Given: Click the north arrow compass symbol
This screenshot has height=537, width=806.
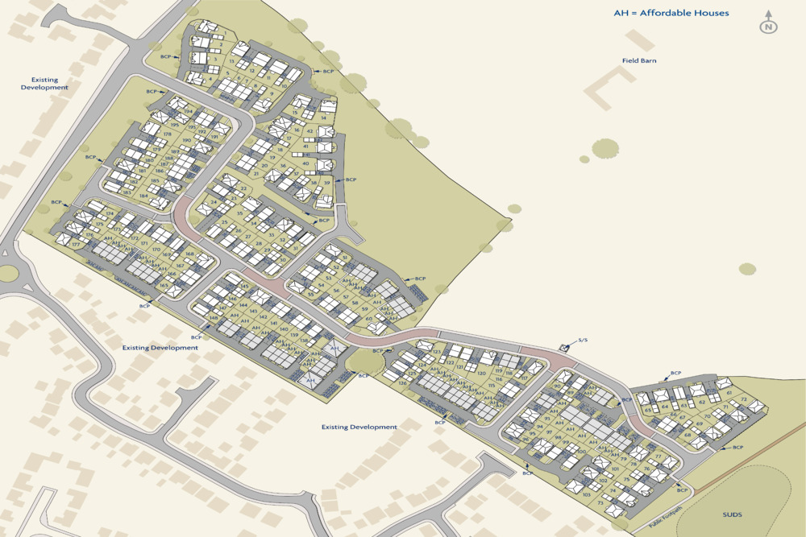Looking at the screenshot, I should (769, 25).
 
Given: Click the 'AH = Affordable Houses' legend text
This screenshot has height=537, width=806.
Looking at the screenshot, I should (659, 13).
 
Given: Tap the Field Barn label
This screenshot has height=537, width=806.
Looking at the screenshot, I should (640, 60).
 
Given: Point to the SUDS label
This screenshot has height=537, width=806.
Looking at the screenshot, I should (732, 514).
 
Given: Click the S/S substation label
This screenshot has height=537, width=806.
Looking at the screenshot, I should (584, 341).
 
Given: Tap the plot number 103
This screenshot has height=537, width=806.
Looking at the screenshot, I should (586, 495).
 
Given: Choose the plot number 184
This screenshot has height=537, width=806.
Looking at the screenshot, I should (143, 196).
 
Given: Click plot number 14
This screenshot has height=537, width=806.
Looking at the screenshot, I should (322, 118).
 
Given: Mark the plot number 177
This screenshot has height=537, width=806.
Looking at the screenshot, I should (76, 243).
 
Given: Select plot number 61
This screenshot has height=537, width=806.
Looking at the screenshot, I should (729, 393).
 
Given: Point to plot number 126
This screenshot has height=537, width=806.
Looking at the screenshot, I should (401, 382).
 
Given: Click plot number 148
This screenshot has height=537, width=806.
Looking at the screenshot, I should (214, 318).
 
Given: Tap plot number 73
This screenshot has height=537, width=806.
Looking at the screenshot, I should (600, 503).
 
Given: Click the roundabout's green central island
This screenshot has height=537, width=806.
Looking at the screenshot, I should (7, 273).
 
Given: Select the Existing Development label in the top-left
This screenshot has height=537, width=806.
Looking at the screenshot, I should (44, 84).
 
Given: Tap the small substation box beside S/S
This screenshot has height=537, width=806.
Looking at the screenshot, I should (565, 348).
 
